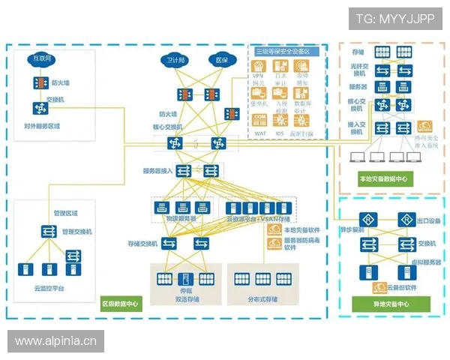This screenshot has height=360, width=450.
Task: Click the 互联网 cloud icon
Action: click(x=40, y=58)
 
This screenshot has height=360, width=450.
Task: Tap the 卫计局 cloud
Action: click(x=176, y=59)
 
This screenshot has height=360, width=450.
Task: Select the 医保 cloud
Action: click(x=222, y=59)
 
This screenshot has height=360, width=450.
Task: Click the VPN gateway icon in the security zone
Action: click(x=259, y=67)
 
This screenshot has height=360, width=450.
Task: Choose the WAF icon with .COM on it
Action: click(x=259, y=121)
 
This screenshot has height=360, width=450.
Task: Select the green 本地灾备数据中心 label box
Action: click(x=382, y=178)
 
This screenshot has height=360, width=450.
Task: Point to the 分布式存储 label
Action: click(x=262, y=299)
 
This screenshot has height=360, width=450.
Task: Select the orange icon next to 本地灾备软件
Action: click(x=274, y=229)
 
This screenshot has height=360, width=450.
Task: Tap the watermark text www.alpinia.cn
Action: click(x=56, y=341)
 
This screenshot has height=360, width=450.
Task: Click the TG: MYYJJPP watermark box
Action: click(x=394, y=18)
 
